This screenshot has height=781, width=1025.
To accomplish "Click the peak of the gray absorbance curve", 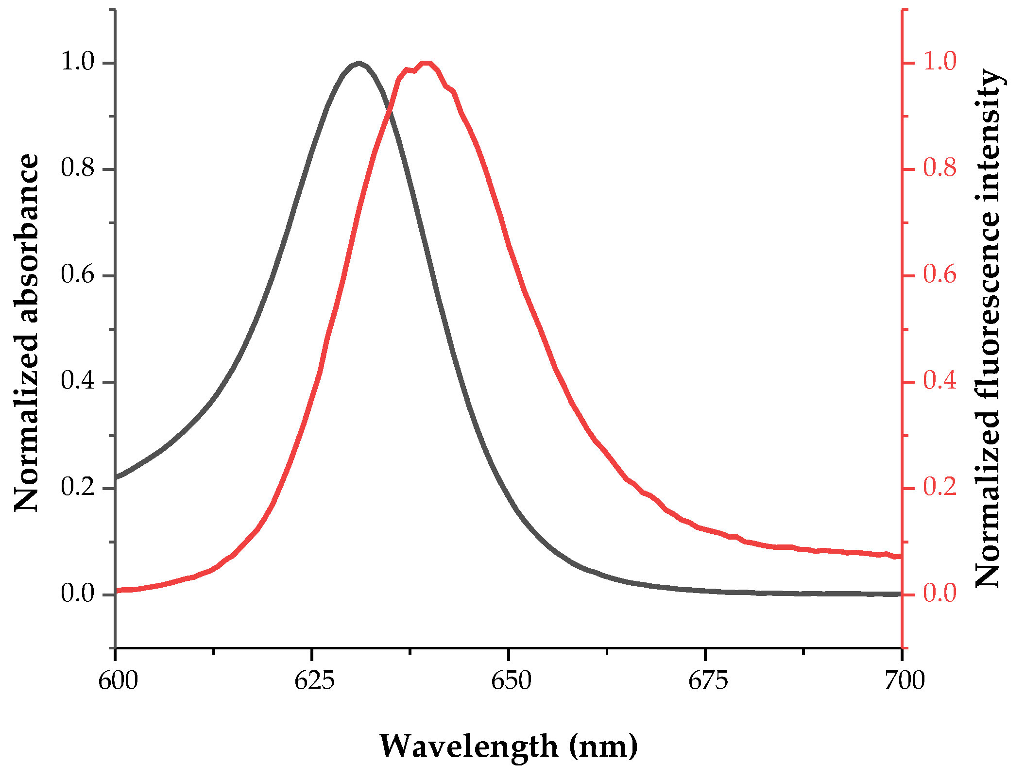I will click(359, 63).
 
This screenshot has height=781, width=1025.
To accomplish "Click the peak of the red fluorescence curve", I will click(426, 63).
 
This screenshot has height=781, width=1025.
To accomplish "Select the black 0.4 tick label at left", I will click(77, 381).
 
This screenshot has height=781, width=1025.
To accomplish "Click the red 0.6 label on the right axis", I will click(940, 274).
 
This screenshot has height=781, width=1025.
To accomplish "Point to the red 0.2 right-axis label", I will click(940, 487).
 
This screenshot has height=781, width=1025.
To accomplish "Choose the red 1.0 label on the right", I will click(940, 62).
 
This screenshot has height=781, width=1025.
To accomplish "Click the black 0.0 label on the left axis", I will click(77, 594).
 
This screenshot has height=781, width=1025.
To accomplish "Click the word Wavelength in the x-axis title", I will click(468, 746).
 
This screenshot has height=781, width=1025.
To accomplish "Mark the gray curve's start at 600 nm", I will click(117, 477).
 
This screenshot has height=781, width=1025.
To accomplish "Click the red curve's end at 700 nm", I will click(900, 557).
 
